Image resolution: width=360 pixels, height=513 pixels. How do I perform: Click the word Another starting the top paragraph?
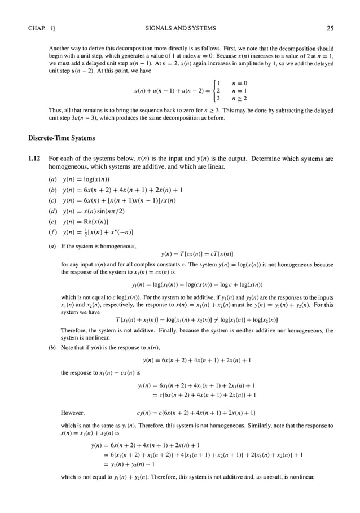(x=60, y=49)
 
